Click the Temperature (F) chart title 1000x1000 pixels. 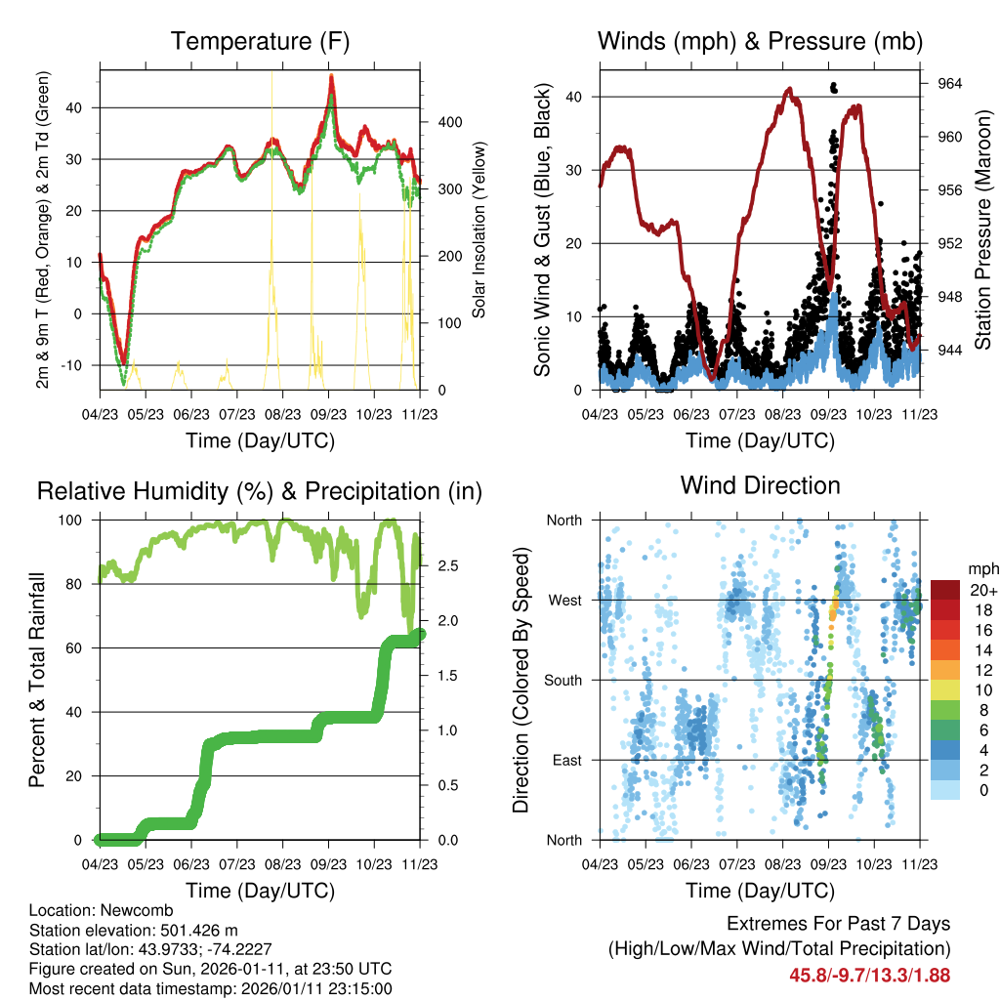(260, 42)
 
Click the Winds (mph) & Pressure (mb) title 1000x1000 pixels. (760, 42)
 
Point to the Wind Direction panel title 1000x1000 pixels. (760, 485)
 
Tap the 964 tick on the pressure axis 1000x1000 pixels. (950, 84)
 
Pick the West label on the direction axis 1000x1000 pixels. (564, 600)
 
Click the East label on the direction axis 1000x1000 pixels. (565, 760)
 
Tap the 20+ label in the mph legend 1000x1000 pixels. (982, 590)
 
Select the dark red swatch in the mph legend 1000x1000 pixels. (945, 590)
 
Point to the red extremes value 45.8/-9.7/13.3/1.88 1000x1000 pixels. (869, 975)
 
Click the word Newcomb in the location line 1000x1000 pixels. (121, 909)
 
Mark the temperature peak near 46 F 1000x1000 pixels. (331, 76)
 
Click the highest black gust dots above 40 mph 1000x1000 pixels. (833, 87)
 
